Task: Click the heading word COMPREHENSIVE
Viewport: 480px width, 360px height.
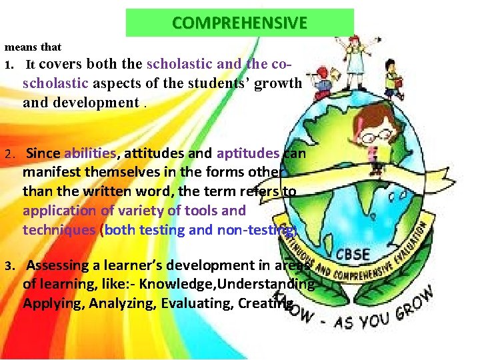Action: click(239, 23)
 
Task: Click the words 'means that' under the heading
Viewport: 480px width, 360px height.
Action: click(33, 47)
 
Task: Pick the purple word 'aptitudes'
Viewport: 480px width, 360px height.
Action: click(248, 153)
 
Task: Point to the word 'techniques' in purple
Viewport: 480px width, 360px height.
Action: click(59, 229)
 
